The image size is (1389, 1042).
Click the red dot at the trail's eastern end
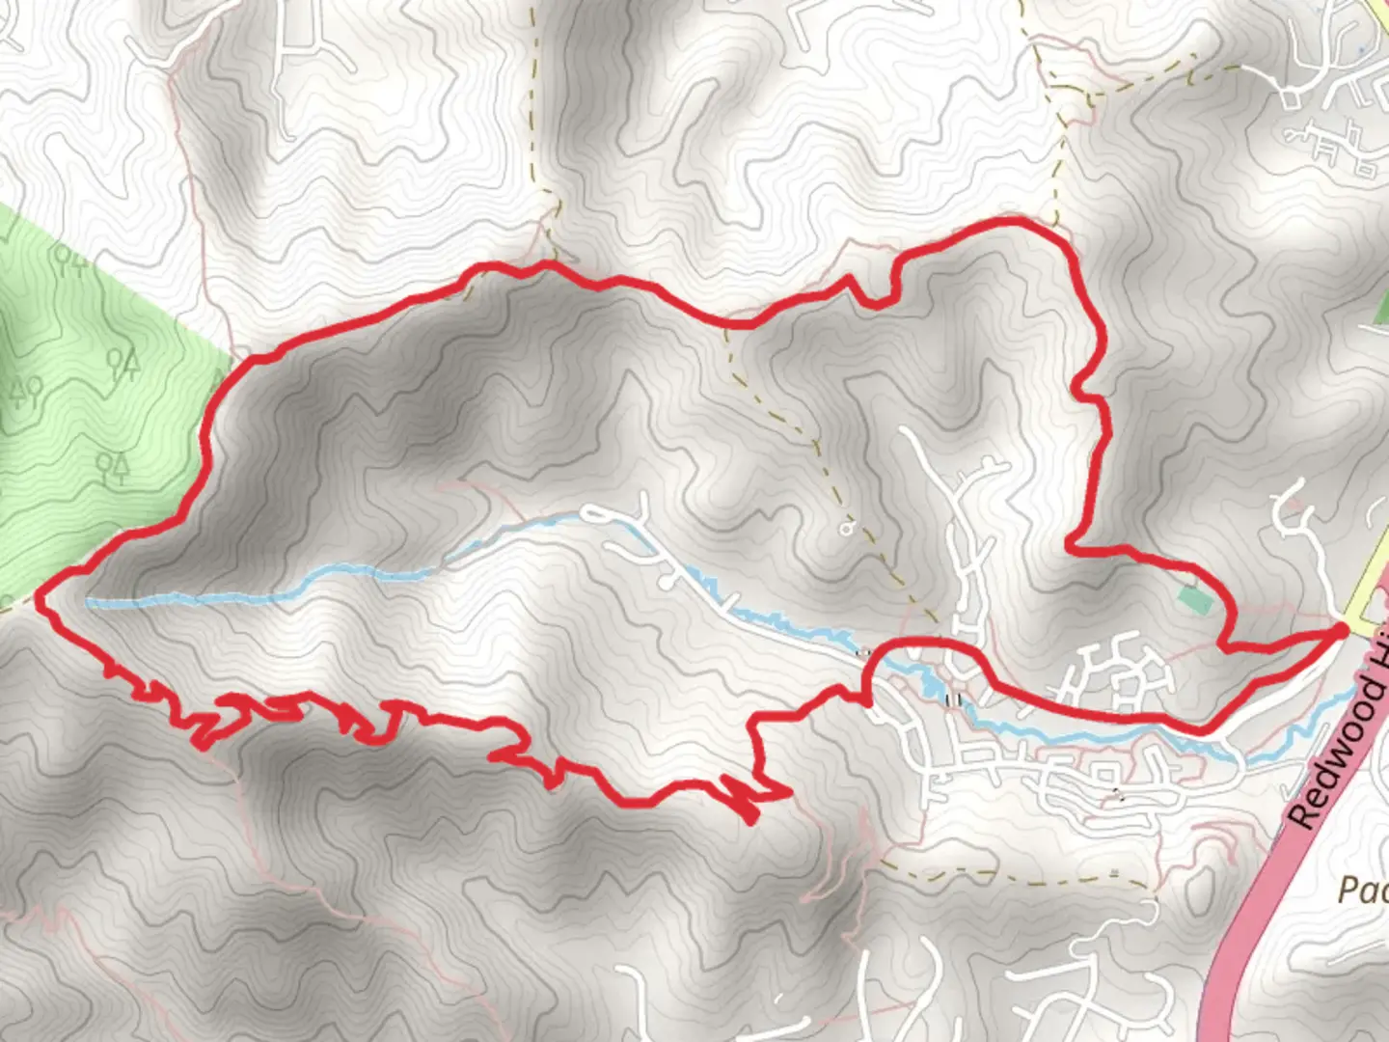(1341, 630)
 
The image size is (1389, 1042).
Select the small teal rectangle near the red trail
(1195, 599)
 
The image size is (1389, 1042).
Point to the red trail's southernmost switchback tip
(750, 821)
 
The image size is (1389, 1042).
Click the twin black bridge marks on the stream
(956, 699)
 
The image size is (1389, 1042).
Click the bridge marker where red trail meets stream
(864, 652)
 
